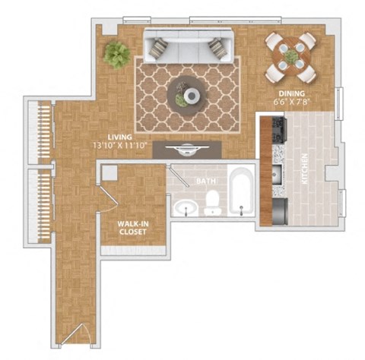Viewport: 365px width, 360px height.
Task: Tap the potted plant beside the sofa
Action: click(117, 54)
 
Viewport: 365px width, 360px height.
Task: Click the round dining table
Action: click(291, 55)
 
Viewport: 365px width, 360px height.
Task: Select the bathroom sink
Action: click(182, 207)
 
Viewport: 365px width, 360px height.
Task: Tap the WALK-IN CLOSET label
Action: click(133, 228)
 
